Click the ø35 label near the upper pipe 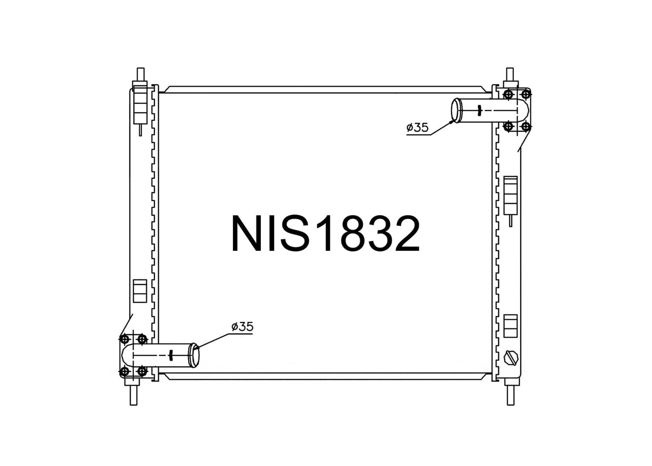click(417, 128)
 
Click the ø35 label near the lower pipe click(242, 327)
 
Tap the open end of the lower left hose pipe click(194, 355)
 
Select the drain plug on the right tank click(511, 357)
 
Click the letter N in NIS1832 click(247, 233)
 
